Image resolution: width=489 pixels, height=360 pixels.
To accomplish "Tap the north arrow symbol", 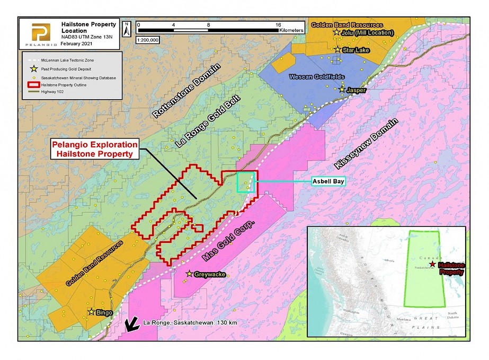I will (x=126, y=29).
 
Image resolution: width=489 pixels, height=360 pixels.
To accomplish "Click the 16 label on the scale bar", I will (x=278, y=24).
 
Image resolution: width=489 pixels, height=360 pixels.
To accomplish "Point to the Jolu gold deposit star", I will (x=336, y=32).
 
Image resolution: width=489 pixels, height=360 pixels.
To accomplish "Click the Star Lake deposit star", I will (x=337, y=49).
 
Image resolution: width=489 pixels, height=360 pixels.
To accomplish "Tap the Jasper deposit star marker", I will (x=342, y=90).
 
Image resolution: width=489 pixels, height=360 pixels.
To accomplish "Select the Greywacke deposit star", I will (x=189, y=274).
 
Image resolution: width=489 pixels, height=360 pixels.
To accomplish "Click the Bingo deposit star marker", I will (x=92, y=312).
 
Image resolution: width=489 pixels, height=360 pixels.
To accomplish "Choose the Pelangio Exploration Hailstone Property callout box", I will (x=94, y=149).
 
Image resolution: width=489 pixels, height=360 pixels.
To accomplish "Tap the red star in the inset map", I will (x=433, y=264).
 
